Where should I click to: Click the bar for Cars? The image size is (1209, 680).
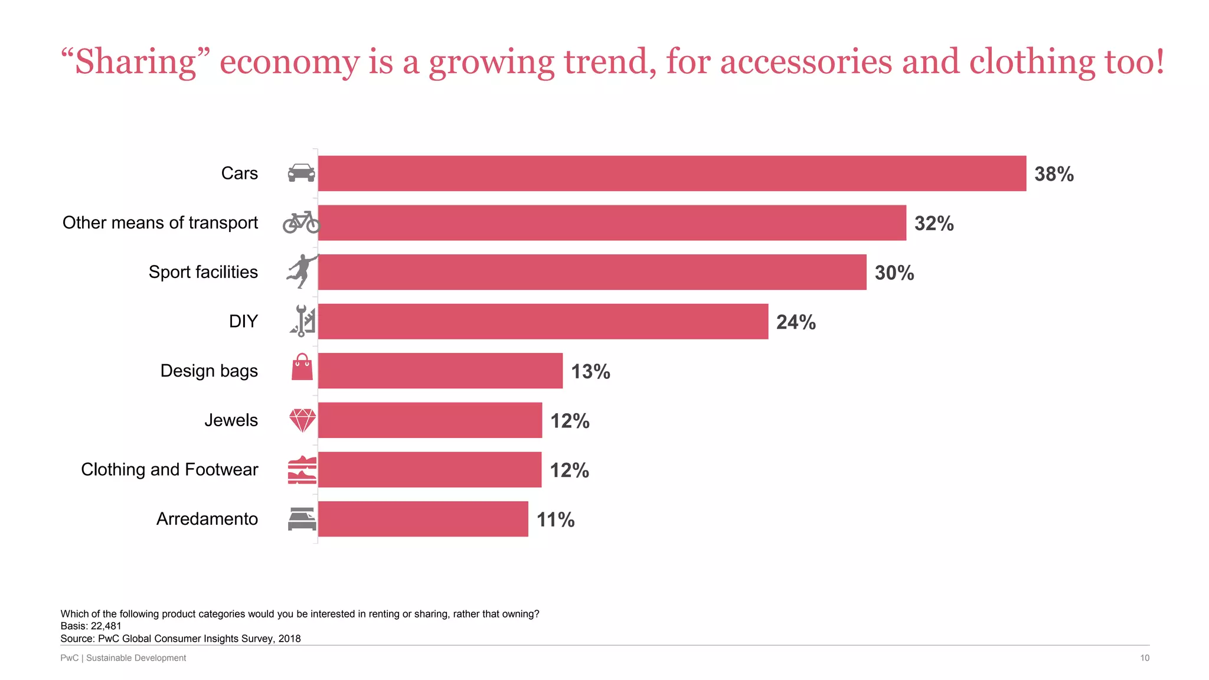(x=672, y=174)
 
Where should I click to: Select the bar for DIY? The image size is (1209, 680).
(x=543, y=322)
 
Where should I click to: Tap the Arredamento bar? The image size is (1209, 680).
(x=423, y=519)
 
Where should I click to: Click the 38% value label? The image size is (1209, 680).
(x=1054, y=174)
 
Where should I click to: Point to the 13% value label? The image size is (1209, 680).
(x=590, y=371)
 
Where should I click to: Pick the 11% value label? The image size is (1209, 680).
(x=556, y=519)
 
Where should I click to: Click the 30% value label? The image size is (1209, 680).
(x=894, y=273)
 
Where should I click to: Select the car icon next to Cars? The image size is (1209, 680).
(x=301, y=173)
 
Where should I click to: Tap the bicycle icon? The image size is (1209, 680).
(x=301, y=223)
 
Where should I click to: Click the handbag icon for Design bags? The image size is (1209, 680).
(x=302, y=367)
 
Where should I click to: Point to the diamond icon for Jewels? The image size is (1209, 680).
(x=302, y=420)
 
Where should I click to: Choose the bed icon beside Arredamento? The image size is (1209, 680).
(x=302, y=519)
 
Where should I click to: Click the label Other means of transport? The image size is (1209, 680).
(x=160, y=223)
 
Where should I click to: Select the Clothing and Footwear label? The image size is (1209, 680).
(x=169, y=469)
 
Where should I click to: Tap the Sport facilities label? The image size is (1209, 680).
(x=203, y=272)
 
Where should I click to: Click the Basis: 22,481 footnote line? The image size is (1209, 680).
(x=91, y=626)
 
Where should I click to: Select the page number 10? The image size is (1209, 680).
(x=1144, y=658)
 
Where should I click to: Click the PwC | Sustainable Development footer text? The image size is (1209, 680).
(x=123, y=658)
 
